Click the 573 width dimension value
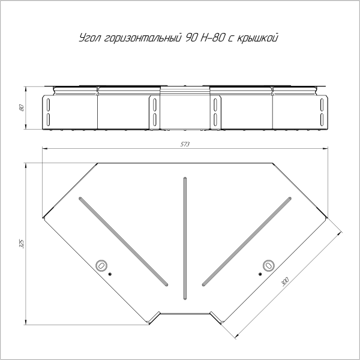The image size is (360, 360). (x=185, y=145)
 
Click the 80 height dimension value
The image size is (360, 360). (x=21, y=107)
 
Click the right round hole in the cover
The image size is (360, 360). (x=268, y=264)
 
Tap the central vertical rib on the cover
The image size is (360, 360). (x=184, y=237)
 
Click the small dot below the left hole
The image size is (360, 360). (x=110, y=274)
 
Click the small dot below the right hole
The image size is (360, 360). (x=259, y=274)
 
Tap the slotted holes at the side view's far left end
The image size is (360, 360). (x=47, y=111)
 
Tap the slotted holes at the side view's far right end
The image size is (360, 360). (x=322, y=111)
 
